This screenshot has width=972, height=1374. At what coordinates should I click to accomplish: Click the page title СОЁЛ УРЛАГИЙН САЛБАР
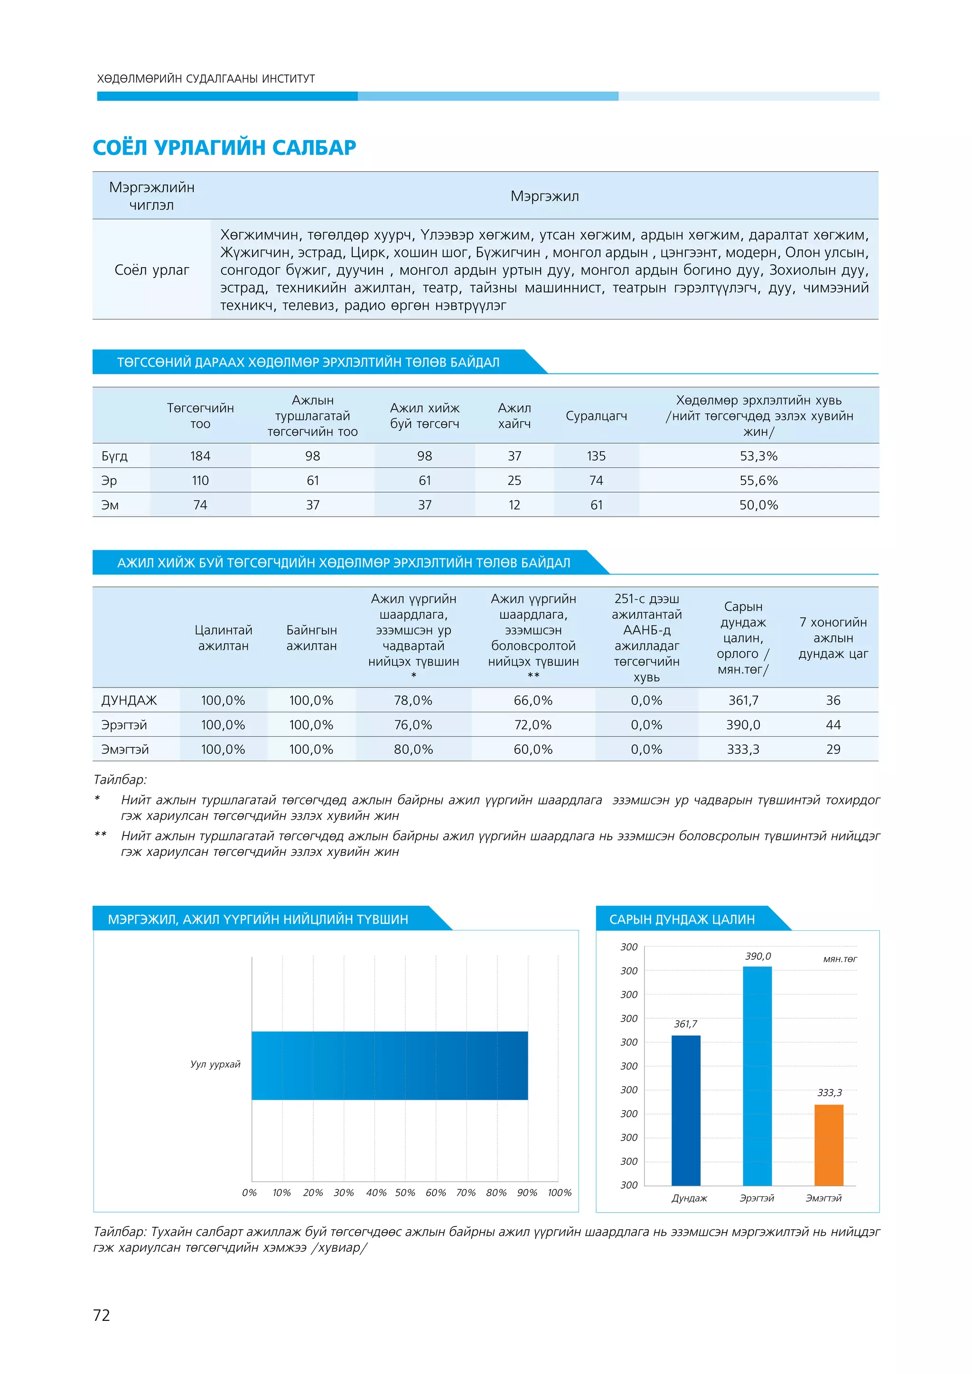click(224, 147)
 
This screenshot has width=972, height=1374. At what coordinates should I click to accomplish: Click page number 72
click(102, 1315)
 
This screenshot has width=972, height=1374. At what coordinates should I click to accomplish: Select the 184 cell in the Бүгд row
click(200, 456)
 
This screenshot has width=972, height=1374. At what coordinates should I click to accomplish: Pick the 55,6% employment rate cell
click(758, 481)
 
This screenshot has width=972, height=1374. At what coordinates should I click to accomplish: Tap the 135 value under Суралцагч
click(596, 456)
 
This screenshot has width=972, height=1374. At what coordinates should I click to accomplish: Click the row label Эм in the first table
click(110, 505)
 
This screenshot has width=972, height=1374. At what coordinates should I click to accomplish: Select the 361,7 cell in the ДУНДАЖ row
click(743, 700)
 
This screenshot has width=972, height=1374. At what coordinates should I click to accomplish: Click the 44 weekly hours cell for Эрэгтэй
click(833, 724)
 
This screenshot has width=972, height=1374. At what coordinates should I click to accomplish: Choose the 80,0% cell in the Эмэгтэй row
click(413, 749)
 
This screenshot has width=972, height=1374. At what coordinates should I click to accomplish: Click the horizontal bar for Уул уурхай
click(389, 1065)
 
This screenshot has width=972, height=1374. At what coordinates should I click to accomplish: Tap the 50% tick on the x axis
click(405, 1193)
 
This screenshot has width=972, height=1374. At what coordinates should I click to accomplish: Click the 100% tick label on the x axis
click(559, 1193)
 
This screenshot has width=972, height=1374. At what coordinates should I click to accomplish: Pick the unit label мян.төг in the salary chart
click(840, 959)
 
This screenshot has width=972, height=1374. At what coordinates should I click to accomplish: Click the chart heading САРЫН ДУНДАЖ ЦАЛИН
click(682, 919)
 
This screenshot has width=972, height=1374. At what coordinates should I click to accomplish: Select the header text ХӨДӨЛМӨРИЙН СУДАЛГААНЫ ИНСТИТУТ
click(206, 78)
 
